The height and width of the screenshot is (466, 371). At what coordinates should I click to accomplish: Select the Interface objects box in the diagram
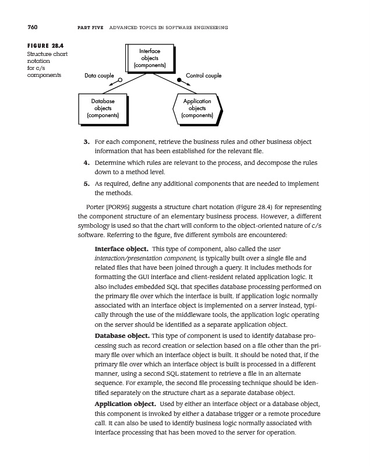(150, 59)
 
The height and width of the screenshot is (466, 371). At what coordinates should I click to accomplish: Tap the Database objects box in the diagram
(103, 108)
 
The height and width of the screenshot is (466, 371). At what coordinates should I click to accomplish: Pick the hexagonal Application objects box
(197, 108)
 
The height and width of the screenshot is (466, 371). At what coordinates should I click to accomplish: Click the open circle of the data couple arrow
(119, 80)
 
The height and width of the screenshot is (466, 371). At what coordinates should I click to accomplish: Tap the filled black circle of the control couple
(180, 80)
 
